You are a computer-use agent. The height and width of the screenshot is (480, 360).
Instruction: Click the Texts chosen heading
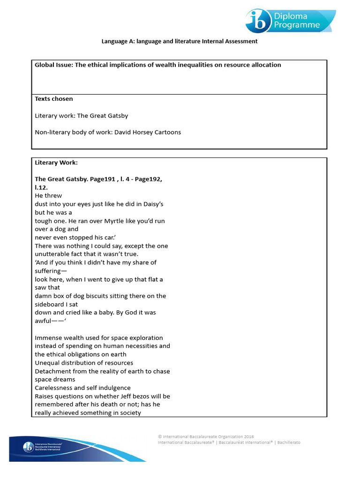pyautogui.click(x=54, y=99)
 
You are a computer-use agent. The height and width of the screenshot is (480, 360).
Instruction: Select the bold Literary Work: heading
pyautogui.click(x=56, y=163)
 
